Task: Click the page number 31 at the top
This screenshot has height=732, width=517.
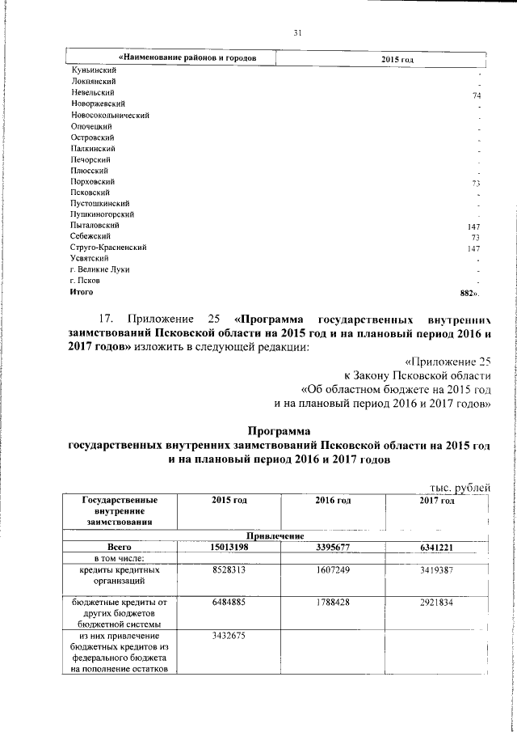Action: (x=296, y=33)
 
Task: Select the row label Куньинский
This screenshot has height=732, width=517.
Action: (x=90, y=71)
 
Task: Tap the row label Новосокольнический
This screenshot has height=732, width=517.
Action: (x=110, y=116)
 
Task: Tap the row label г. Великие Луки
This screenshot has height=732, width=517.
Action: (x=100, y=269)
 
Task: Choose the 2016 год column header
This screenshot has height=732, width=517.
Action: (x=333, y=501)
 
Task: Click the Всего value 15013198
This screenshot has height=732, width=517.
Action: (x=229, y=548)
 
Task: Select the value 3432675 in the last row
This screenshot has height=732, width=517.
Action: (x=229, y=637)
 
